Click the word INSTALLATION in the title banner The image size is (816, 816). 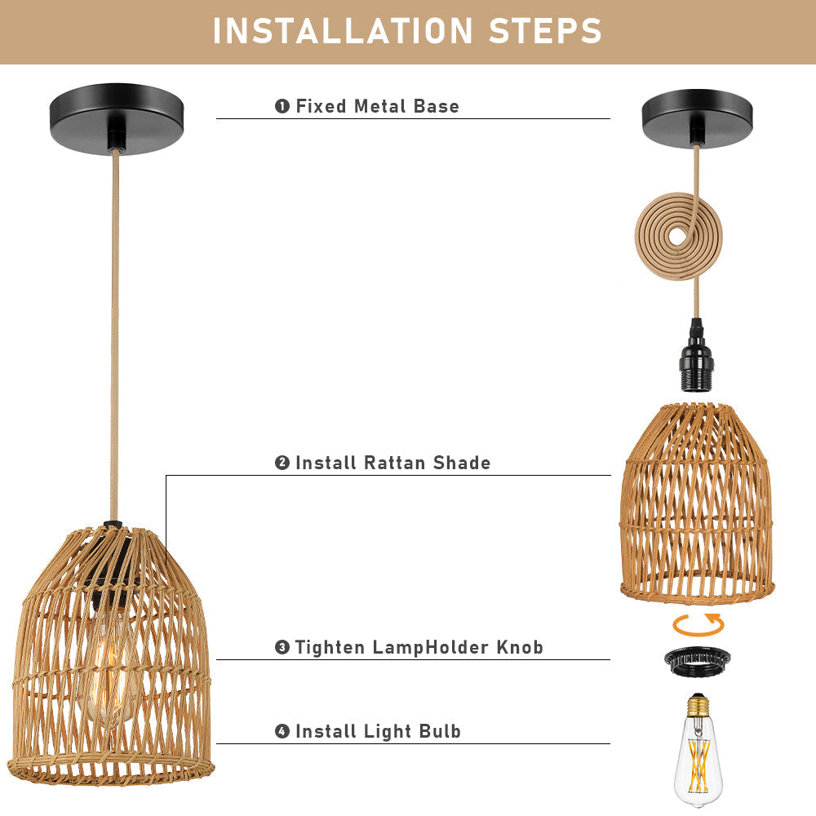coord(343,31)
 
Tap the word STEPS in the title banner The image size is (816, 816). coord(545,31)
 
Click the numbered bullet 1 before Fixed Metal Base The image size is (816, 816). coord(282,106)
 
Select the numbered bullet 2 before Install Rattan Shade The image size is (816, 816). coord(282,463)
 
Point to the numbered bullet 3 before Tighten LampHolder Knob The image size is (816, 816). coord(282,647)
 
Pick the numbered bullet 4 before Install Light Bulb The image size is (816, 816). coord(282,731)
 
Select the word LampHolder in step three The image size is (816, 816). coord(431,647)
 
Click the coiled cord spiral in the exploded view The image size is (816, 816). coord(679,237)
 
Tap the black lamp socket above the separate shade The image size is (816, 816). coord(695,355)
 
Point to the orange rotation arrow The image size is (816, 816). coord(698,624)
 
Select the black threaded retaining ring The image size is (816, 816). coord(698,663)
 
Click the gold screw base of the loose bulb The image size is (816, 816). coord(698,705)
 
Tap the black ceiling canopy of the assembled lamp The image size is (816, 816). coord(117,118)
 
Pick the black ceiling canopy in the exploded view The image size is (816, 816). coord(698,118)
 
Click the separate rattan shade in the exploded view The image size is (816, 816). coord(697,503)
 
